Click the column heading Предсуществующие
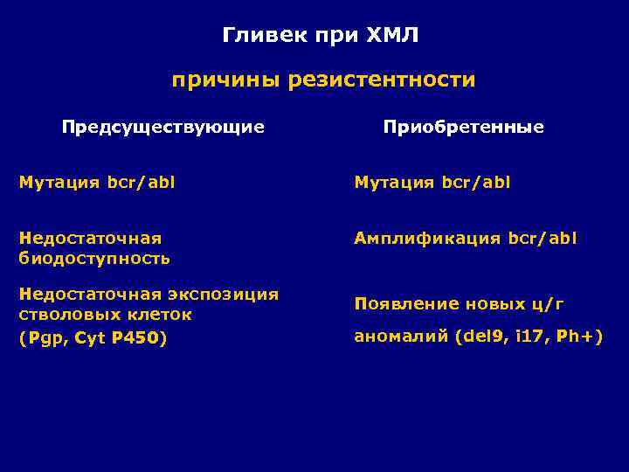click(x=162, y=128)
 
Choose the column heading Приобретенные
click(x=463, y=128)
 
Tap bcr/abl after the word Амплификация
click(x=543, y=239)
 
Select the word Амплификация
click(x=427, y=239)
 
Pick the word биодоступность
click(x=94, y=259)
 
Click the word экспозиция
click(x=223, y=295)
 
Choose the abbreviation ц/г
click(x=548, y=304)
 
